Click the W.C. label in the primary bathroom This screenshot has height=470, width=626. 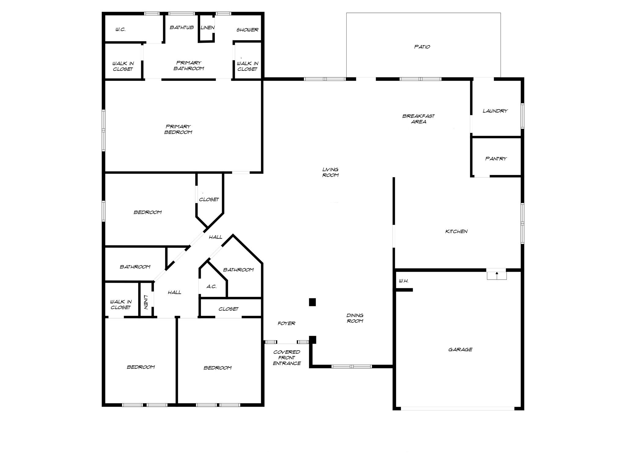(x=120, y=30)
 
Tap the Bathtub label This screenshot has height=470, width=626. (x=182, y=28)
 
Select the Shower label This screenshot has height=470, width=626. (x=247, y=30)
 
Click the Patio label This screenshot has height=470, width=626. (x=422, y=47)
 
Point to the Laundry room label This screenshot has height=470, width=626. (x=495, y=111)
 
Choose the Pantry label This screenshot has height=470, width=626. (x=496, y=159)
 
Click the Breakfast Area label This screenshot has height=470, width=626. (x=418, y=119)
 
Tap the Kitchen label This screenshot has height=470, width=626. (x=456, y=232)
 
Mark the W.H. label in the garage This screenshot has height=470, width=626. (x=403, y=281)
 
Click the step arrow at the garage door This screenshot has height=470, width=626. (x=497, y=274)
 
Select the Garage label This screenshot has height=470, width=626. (x=460, y=349)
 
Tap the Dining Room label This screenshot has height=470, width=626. (x=355, y=318)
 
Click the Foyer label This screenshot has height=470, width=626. (x=286, y=323)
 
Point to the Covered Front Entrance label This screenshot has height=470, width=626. (x=287, y=358)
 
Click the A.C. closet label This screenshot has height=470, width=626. (x=212, y=287)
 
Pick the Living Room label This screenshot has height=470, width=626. (x=330, y=172)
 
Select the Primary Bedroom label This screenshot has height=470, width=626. (x=178, y=129)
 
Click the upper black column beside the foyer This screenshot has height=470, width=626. (x=312, y=302)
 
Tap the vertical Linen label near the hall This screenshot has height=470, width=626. (x=146, y=302)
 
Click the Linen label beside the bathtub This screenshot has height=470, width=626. (x=207, y=28)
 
